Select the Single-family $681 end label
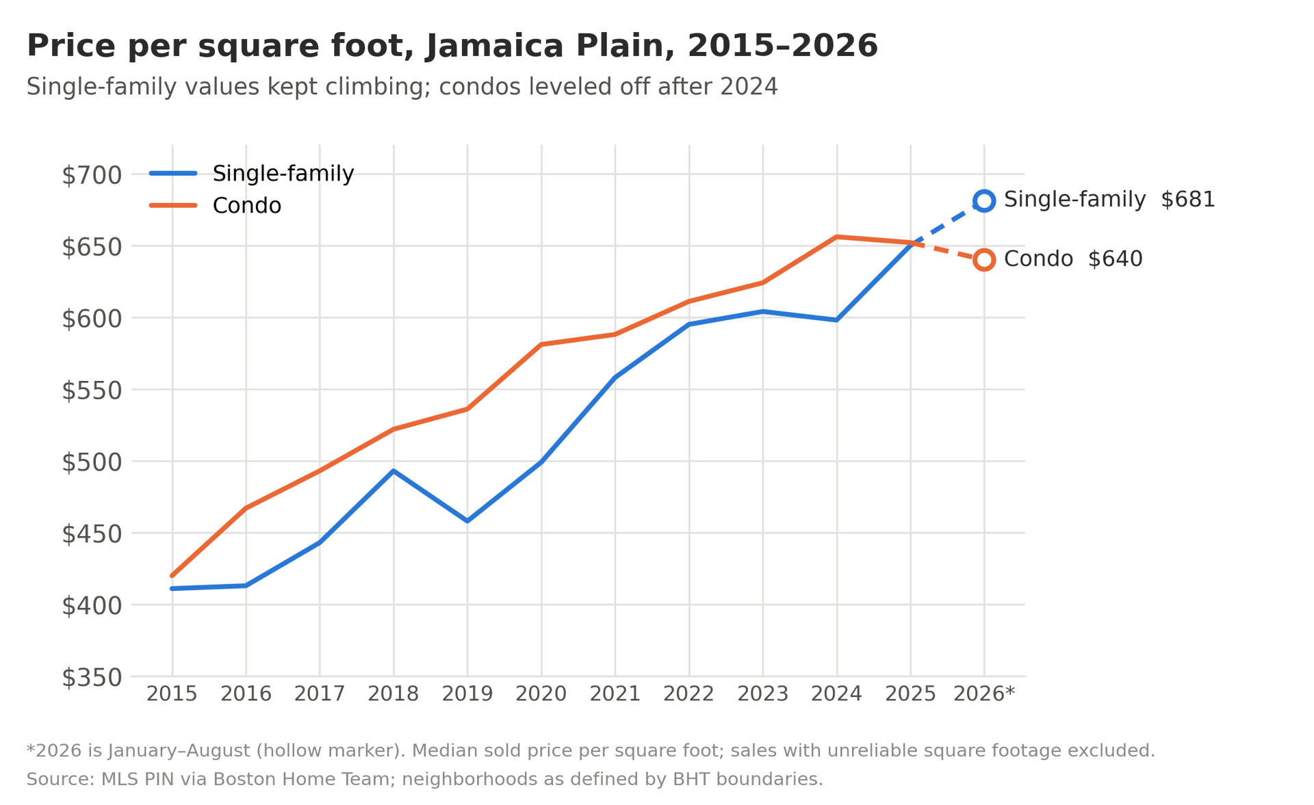click(1109, 200)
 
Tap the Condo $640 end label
click(1073, 259)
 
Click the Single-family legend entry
click(252, 174)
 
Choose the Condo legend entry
click(216, 206)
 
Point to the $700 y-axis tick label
click(92, 175)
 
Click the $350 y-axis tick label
click(92, 678)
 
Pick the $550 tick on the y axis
click(92, 391)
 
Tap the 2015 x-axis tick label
click(172, 694)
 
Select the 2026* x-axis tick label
click(984, 694)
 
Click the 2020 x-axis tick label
click(541, 694)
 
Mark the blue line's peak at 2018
click(394, 471)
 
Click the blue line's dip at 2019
click(467, 521)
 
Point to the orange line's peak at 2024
click(836, 237)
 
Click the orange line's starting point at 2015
click(172, 576)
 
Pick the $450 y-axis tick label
click(92, 534)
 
